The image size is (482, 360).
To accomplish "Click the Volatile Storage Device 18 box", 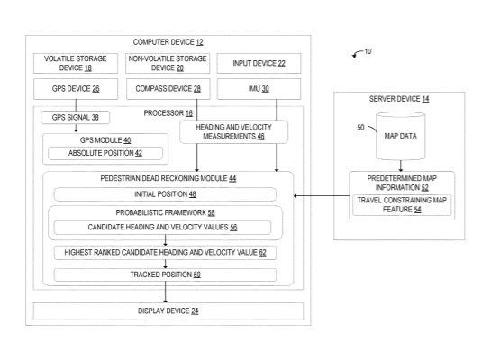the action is pyautogui.click(x=76, y=63).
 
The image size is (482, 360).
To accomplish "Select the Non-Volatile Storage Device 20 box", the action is pyautogui.click(x=168, y=63).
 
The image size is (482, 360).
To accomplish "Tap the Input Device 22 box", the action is pyautogui.click(x=259, y=63).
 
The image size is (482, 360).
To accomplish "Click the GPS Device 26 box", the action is pyautogui.click(x=76, y=89).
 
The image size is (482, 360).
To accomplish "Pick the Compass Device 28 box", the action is pyautogui.click(x=168, y=89).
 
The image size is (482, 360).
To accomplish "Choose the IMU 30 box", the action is pyautogui.click(x=259, y=89).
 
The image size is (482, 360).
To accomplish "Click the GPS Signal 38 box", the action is pyautogui.click(x=76, y=118).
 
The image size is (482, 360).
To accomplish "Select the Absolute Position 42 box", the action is pyautogui.click(x=105, y=153).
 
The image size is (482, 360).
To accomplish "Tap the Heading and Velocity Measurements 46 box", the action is pyautogui.click(x=233, y=131).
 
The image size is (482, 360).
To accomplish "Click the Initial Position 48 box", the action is pyautogui.click(x=165, y=194).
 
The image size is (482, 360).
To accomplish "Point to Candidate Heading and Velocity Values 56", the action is pyautogui.click(x=162, y=228).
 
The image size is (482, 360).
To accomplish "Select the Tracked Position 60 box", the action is pyautogui.click(x=165, y=274).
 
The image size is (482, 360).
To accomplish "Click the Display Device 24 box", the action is pyautogui.click(x=168, y=311).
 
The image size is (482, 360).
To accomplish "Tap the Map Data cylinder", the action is pyautogui.click(x=401, y=136).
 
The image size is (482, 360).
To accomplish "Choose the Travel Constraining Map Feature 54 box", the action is pyautogui.click(x=402, y=205).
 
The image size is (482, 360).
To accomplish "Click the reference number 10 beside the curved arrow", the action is pyautogui.click(x=368, y=51).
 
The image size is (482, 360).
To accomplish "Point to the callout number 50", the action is pyautogui.click(x=360, y=128).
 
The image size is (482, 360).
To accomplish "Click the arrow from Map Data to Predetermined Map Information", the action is pyautogui.click(x=401, y=166).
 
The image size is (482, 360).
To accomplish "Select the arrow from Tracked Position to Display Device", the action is pyautogui.click(x=166, y=292).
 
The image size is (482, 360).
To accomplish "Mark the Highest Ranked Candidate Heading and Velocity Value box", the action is pyautogui.click(x=165, y=253).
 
